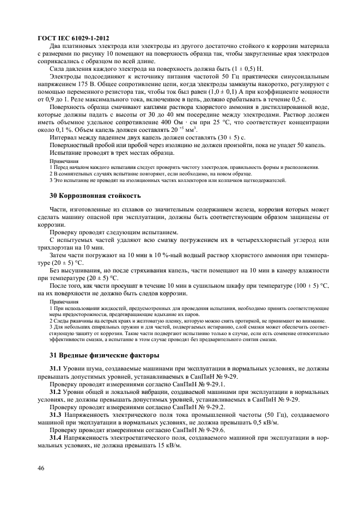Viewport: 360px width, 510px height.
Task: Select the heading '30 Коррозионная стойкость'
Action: point(95,195)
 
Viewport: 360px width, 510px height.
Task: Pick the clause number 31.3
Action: point(56,414)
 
